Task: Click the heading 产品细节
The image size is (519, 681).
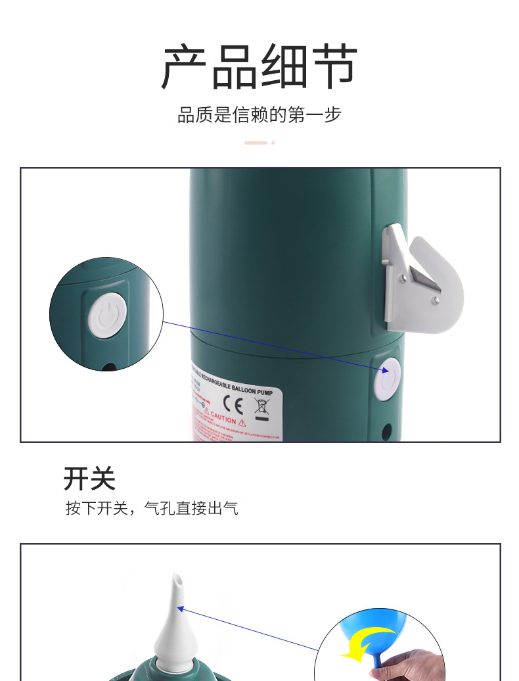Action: pos(259,67)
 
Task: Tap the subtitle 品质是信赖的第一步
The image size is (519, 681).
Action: pos(259,114)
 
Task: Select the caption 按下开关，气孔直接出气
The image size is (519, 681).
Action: pos(151,508)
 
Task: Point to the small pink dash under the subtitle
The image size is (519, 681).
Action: pos(256,143)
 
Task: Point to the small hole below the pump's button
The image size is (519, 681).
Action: pos(386,431)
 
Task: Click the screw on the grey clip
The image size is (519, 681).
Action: pos(435,300)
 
